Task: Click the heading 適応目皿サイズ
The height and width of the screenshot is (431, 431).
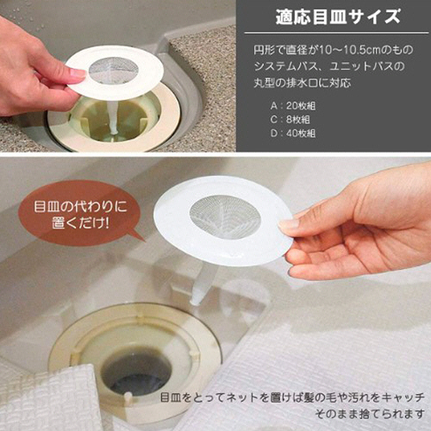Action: click(338, 17)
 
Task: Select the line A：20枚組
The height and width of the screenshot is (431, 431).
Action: click(293, 106)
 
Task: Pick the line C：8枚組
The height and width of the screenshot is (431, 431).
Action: click(290, 119)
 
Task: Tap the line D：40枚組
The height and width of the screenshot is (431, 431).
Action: click(293, 133)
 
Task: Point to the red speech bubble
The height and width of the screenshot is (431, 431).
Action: click(80, 214)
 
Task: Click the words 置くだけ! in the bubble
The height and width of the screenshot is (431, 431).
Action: click(80, 223)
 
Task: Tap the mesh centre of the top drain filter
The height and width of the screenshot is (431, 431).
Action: click(114, 71)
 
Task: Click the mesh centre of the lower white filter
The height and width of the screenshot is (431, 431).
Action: click(225, 216)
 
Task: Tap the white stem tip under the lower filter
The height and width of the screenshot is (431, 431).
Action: click(196, 301)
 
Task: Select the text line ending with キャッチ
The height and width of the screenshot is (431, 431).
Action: click(292, 397)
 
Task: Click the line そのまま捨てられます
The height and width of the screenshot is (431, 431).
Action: click(370, 414)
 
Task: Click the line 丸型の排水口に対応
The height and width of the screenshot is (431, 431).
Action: click(303, 83)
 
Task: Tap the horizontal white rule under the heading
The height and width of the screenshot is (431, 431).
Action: click(336, 33)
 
